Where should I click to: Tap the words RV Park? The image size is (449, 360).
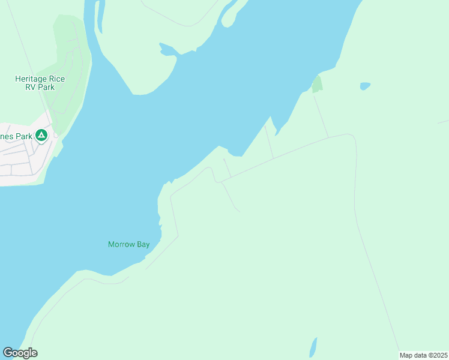[x=40, y=88]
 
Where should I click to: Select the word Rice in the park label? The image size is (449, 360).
[x=58, y=79]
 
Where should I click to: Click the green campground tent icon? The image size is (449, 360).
[x=41, y=136]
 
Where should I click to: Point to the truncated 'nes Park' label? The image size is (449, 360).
[x=16, y=136]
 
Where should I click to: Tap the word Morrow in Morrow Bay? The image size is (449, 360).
[x=121, y=244]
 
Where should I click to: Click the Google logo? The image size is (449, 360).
[x=20, y=353]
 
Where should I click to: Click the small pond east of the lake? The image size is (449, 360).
[x=364, y=86]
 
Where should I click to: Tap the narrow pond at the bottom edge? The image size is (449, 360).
[x=313, y=347]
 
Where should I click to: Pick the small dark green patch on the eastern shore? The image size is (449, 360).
[x=317, y=85]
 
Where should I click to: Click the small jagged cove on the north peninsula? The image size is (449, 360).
[x=167, y=50]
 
